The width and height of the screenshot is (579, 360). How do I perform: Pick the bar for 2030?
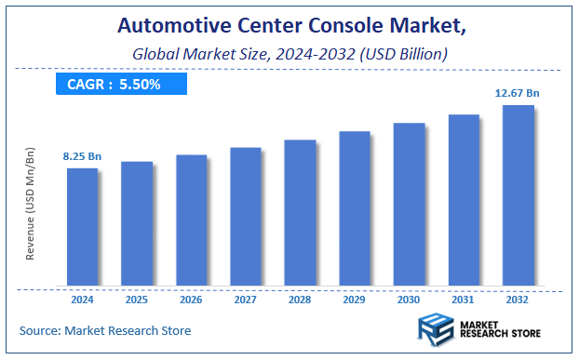click(x=409, y=204)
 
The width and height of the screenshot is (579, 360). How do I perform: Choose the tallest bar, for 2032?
click(x=518, y=194)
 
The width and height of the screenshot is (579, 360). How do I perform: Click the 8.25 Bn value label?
click(x=81, y=155)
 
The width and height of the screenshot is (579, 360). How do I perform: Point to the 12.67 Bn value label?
click(x=518, y=92)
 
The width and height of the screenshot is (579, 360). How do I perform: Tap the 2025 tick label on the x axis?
click(x=136, y=300)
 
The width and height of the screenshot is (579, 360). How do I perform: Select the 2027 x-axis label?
click(x=246, y=300)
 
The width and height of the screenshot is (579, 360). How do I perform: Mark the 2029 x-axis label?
click(x=355, y=300)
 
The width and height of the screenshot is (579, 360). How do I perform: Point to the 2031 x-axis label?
click(x=464, y=300)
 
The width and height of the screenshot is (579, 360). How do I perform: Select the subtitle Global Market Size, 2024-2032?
click(x=289, y=54)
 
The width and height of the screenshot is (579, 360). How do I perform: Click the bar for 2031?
click(x=464, y=200)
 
